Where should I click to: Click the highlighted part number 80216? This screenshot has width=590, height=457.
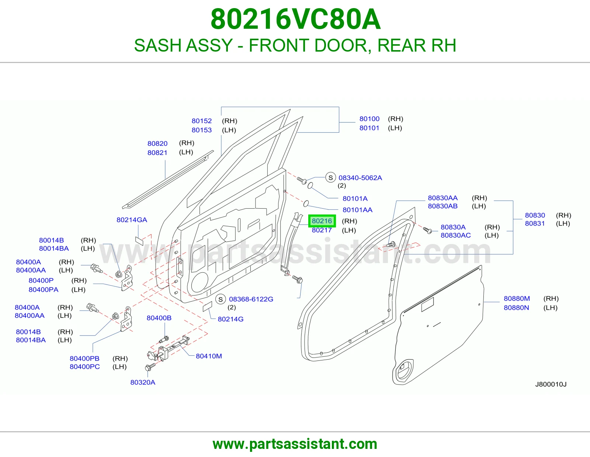[322, 221]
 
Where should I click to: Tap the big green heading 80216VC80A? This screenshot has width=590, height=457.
[295, 19]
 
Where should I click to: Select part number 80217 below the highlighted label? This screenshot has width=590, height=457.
[322, 230]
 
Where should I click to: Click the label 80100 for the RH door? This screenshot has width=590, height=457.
[369, 119]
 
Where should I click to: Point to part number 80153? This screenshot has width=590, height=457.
[201, 130]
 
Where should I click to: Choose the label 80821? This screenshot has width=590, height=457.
[157, 153]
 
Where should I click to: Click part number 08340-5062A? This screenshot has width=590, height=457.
[360, 178]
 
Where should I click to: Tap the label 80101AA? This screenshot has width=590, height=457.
[357, 210]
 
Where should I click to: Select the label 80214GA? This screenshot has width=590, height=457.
[132, 220]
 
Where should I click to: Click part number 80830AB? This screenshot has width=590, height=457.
[442, 206]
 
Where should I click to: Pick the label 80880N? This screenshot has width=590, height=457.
[516, 308]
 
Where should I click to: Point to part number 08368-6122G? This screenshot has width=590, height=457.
[251, 299]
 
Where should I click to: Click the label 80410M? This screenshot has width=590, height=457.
[208, 356]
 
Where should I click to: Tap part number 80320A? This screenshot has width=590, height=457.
[143, 383]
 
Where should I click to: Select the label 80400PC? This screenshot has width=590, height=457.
[85, 367]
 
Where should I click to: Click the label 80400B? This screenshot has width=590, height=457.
[159, 318]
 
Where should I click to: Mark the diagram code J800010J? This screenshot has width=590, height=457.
[551, 384]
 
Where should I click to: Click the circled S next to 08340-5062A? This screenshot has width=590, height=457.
[330, 178]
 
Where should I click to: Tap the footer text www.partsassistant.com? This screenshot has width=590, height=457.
[295, 444]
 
